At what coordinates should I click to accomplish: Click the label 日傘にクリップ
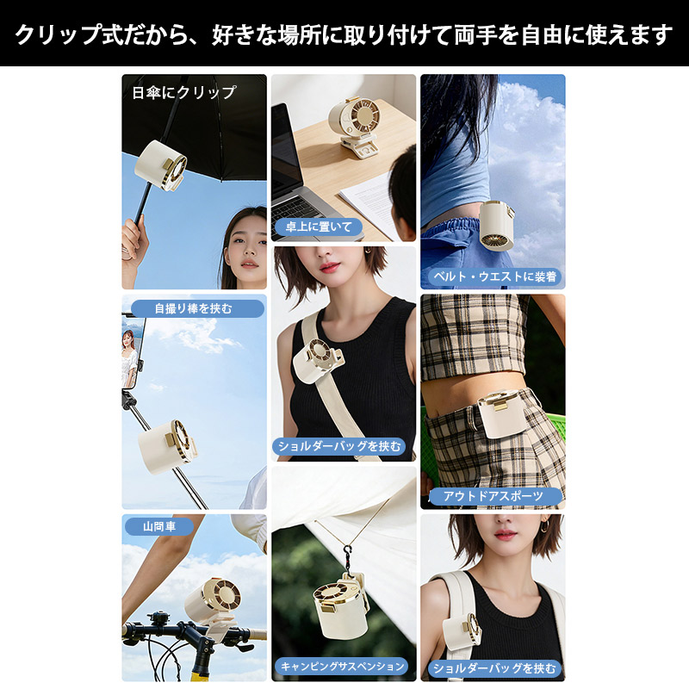point(184,93)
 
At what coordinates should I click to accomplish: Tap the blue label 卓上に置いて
point(319,227)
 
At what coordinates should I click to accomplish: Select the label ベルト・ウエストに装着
point(494,276)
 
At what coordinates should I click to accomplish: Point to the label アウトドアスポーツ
point(493,496)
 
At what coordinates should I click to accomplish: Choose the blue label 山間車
point(159,526)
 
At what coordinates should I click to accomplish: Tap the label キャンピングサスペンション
point(342,666)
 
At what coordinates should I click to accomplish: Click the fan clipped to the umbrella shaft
point(161,165)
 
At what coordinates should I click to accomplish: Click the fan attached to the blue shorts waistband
point(497,226)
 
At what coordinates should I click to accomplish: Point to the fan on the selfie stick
point(167,447)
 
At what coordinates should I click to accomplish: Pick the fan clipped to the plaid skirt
point(502,414)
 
